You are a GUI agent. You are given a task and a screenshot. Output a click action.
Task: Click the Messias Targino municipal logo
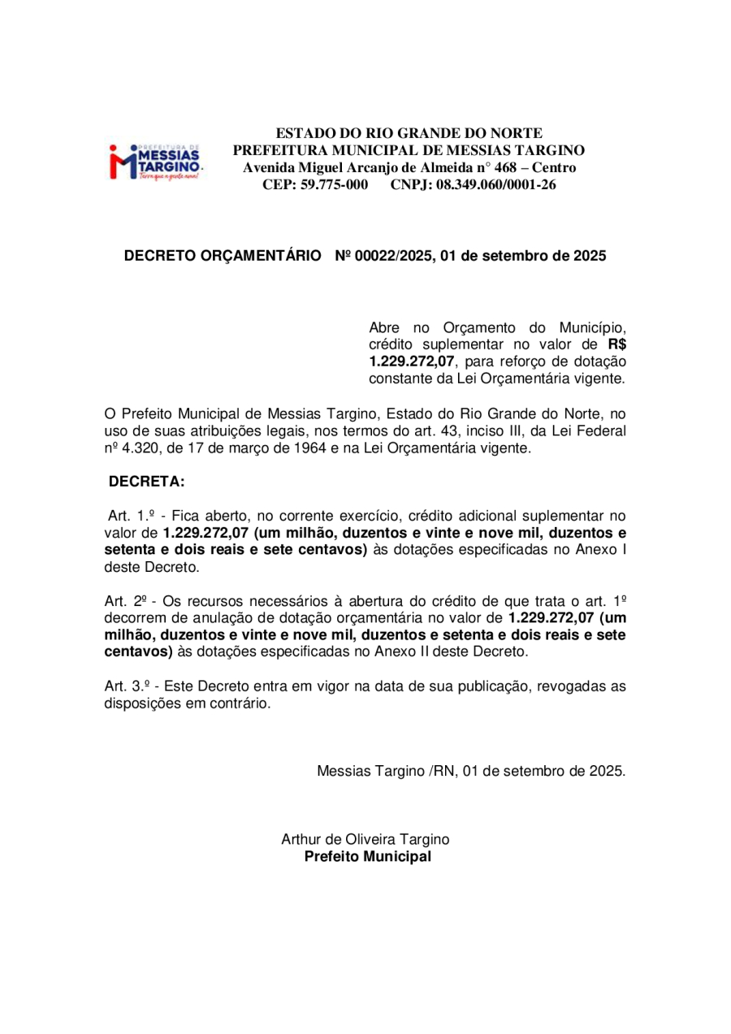pos(156,161)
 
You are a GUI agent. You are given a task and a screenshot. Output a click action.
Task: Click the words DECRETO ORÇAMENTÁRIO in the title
pos(222,256)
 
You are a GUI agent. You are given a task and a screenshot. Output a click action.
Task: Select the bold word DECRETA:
pos(147,482)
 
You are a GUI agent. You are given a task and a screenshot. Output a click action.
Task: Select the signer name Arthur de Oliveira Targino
pos(365,839)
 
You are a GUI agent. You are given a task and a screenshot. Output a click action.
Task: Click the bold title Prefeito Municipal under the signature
pos(367,857)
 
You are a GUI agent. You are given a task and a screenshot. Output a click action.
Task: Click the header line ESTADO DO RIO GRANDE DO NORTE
pos(409,133)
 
